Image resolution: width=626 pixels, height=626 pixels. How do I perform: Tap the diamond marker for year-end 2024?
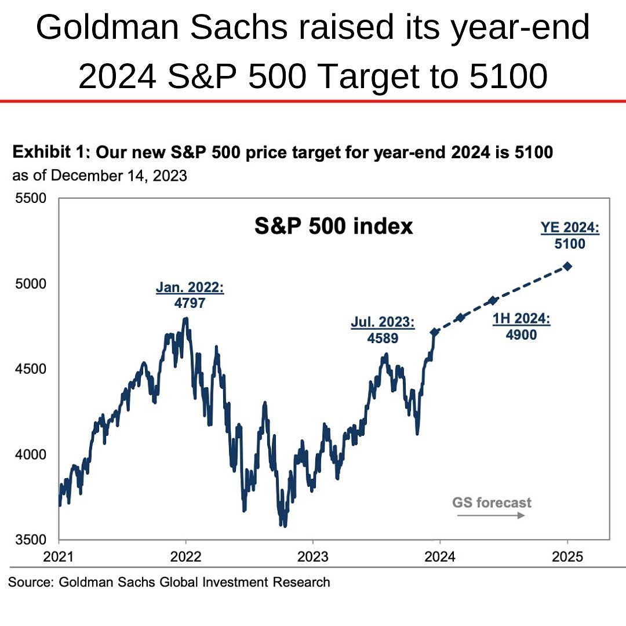coord(567,266)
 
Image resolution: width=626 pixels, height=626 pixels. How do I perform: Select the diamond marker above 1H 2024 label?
coord(493,300)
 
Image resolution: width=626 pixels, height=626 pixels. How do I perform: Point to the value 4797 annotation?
coord(190,303)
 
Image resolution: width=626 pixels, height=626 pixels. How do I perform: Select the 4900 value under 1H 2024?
coord(521,334)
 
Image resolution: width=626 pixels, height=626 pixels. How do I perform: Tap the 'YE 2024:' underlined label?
coord(570,228)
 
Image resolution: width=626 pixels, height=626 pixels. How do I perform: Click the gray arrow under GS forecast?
coord(490,515)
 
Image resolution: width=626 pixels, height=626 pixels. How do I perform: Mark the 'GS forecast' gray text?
coord(492,502)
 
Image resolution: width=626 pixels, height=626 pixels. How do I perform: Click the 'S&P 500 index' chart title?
coord(333,226)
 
